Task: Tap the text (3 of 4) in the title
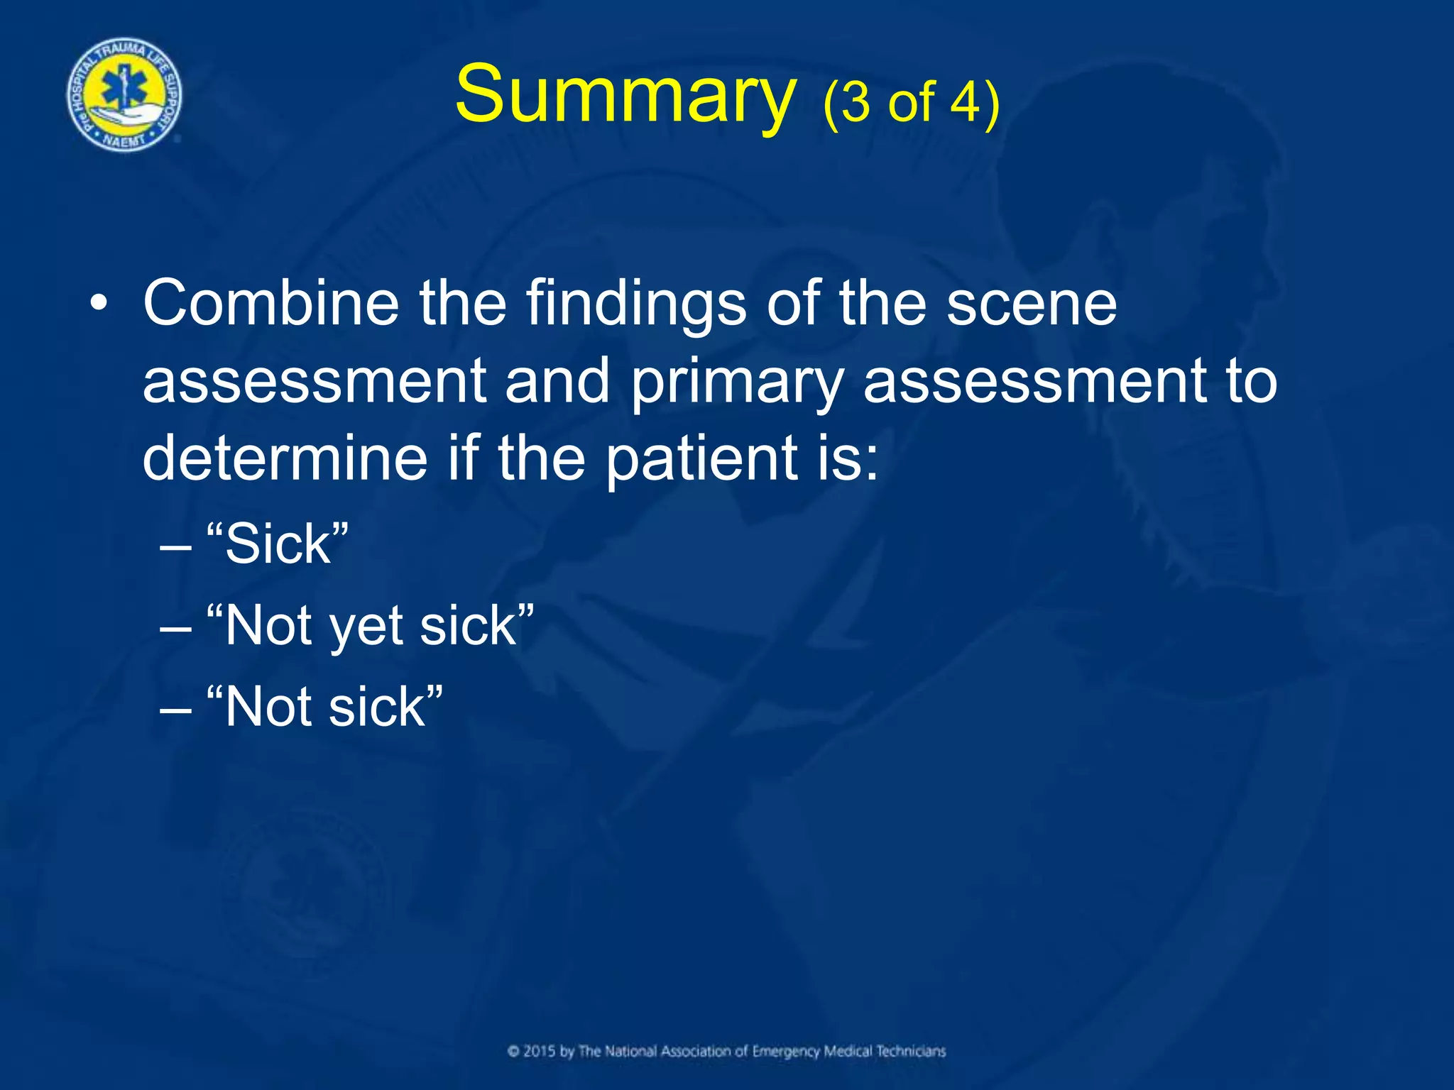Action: (911, 101)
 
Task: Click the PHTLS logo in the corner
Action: (125, 95)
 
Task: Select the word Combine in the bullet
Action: (270, 304)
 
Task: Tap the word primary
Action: (736, 382)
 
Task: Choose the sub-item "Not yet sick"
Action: (369, 626)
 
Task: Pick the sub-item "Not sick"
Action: (324, 708)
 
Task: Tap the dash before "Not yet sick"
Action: (175, 627)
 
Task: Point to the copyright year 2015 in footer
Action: (539, 1051)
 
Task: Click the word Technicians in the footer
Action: (910, 1051)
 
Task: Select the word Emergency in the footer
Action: (785, 1051)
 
